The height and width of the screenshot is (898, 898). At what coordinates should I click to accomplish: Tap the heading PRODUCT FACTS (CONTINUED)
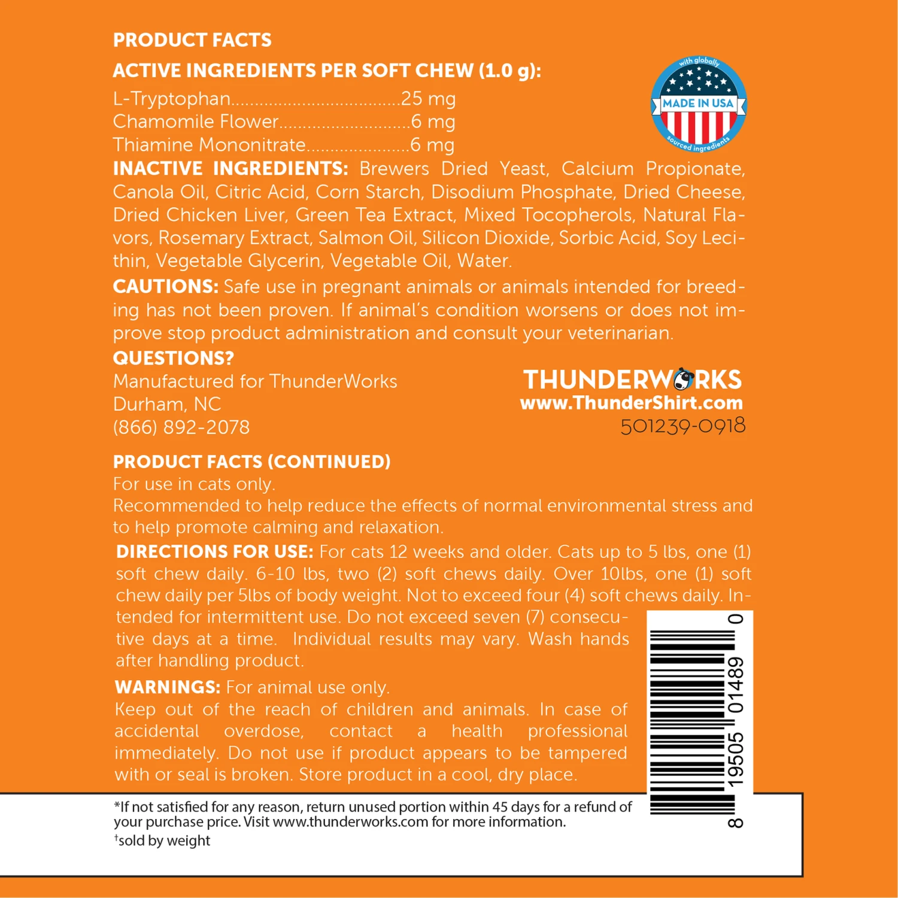pyautogui.click(x=251, y=462)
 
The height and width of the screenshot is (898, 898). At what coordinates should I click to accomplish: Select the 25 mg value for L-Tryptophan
pyautogui.click(x=428, y=98)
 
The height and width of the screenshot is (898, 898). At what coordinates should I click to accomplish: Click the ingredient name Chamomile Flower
pyautogui.click(x=196, y=122)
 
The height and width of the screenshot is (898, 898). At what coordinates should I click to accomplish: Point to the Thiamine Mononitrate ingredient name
pyautogui.click(x=209, y=145)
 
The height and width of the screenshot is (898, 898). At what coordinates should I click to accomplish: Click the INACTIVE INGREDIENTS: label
pyautogui.click(x=230, y=168)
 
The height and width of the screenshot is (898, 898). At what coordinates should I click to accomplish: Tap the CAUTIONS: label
pyautogui.click(x=165, y=286)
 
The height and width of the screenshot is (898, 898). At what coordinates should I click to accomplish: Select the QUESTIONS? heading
pyautogui.click(x=173, y=358)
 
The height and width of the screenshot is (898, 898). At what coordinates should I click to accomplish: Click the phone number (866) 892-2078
pyautogui.click(x=181, y=427)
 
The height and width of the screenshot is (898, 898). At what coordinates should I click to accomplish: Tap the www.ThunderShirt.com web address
pyautogui.click(x=631, y=402)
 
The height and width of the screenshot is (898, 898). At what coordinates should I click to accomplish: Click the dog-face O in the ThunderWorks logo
pyautogui.click(x=683, y=380)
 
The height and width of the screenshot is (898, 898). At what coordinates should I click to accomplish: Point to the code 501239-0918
pyautogui.click(x=682, y=426)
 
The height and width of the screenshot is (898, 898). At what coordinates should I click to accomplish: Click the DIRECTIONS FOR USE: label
pyautogui.click(x=214, y=551)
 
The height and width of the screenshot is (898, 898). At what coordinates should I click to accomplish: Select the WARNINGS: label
pyautogui.click(x=168, y=687)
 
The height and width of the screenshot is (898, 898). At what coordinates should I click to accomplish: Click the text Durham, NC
pyautogui.click(x=167, y=404)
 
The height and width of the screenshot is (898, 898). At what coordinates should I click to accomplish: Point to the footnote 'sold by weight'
pyautogui.click(x=163, y=841)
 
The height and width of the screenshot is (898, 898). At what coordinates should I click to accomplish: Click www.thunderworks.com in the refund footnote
pyautogui.click(x=350, y=822)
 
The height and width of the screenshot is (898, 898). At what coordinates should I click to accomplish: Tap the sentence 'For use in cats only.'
pyautogui.click(x=194, y=484)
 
